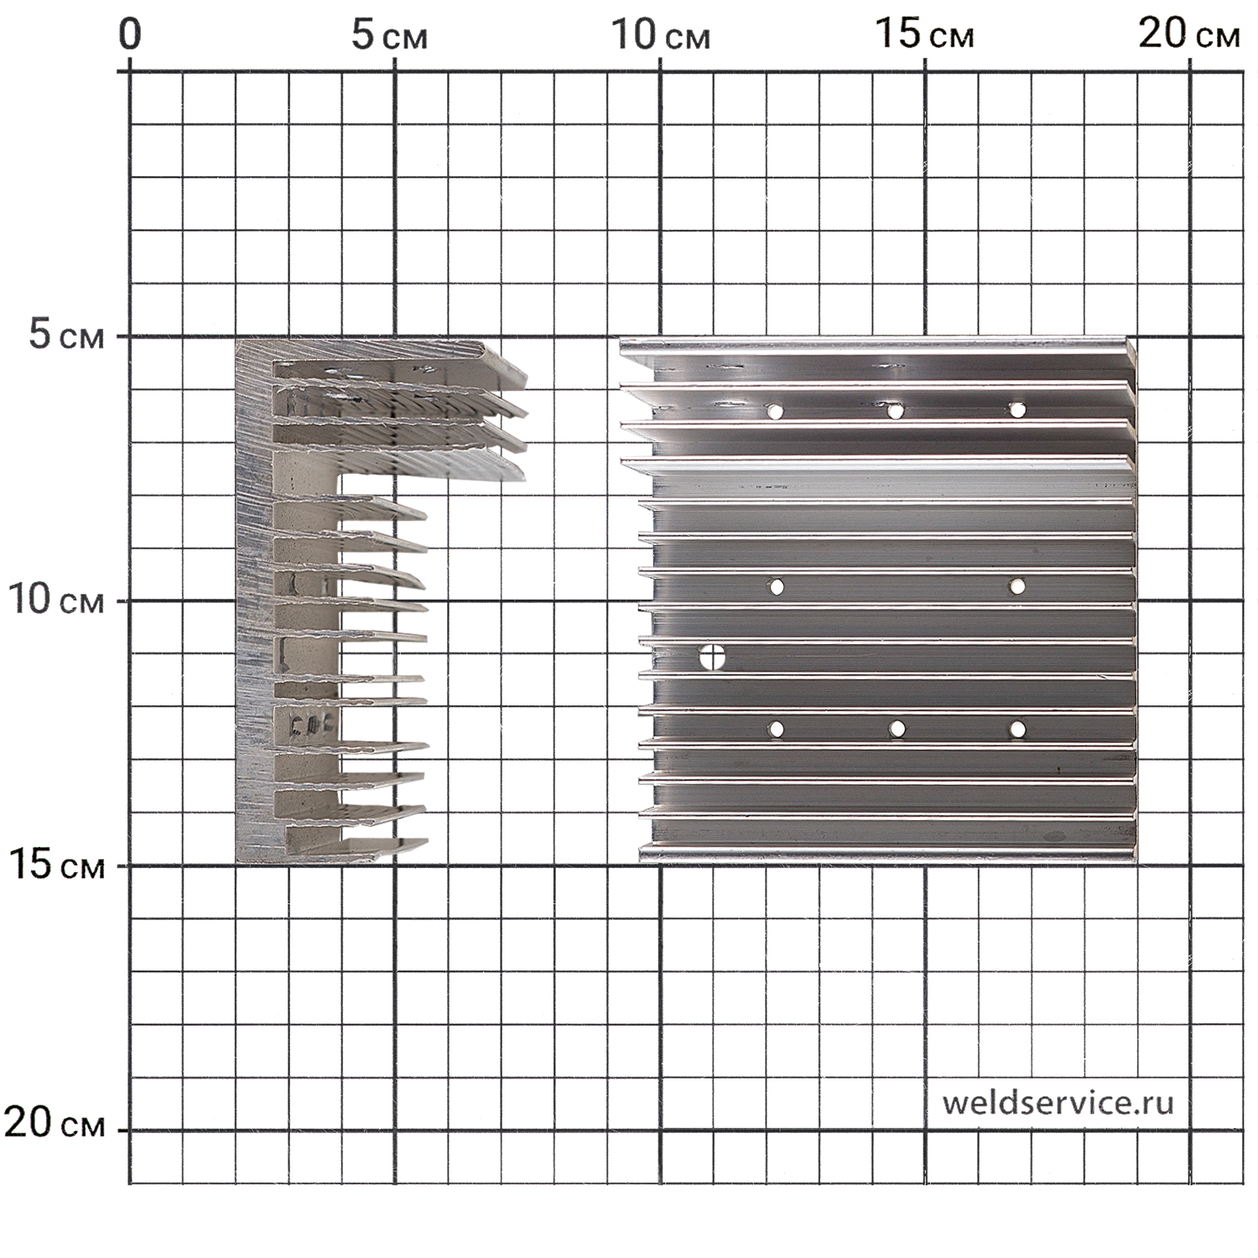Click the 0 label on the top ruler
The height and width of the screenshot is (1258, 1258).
click(x=130, y=36)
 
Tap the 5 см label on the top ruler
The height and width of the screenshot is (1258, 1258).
click(x=389, y=36)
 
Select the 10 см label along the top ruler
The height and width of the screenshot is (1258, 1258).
click(x=660, y=36)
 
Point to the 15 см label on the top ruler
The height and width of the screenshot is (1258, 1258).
click(x=925, y=36)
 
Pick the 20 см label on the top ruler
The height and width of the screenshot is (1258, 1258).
click(x=1189, y=36)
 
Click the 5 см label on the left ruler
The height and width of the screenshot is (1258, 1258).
click(x=68, y=336)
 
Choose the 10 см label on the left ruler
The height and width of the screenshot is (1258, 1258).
click(x=56, y=600)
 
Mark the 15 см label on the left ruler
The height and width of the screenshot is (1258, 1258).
click(x=56, y=866)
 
